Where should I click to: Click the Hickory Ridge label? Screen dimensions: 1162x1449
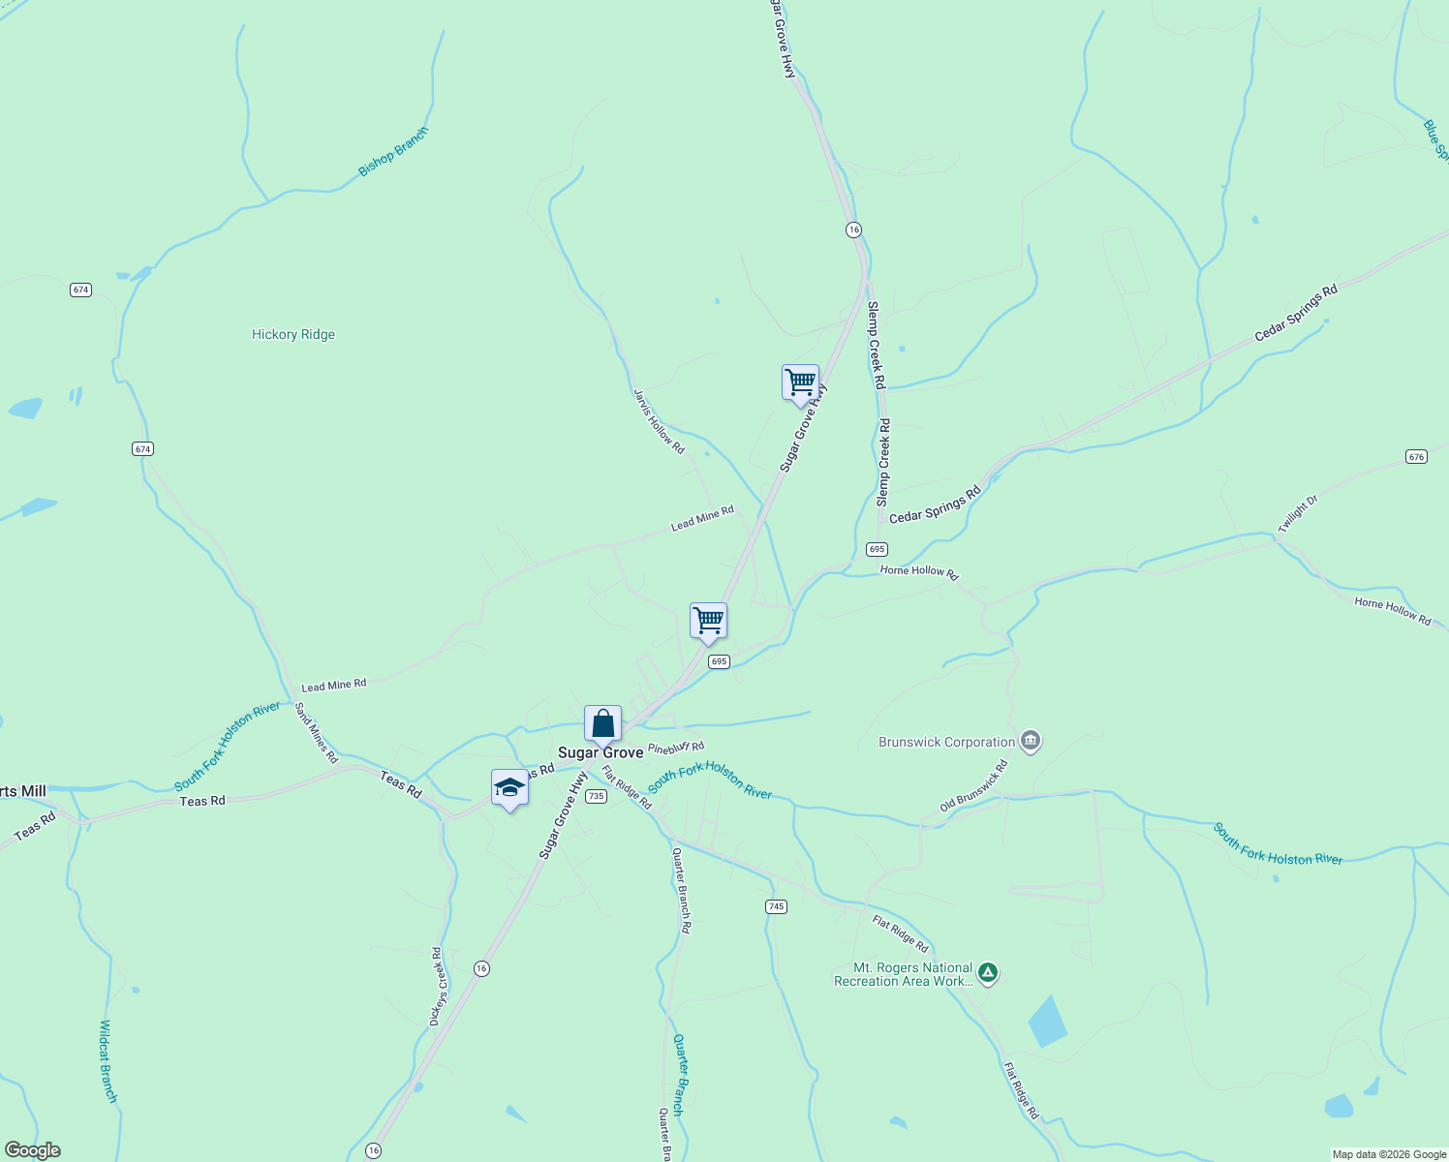(293, 335)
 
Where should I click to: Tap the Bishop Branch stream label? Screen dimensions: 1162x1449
(392, 153)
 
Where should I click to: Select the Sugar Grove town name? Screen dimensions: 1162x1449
(601, 752)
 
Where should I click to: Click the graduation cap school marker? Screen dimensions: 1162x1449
(509, 788)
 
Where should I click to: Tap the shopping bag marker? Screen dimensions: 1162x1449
(602, 723)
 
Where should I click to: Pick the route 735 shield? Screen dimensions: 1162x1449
(596, 796)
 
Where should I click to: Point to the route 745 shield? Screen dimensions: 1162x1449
(775, 906)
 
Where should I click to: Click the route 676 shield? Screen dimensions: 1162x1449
(1416, 456)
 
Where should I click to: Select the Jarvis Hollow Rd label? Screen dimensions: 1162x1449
(659, 421)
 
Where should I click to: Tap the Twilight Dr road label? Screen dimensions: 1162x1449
(1298, 514)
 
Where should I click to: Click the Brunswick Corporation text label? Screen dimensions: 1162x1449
(946, 743)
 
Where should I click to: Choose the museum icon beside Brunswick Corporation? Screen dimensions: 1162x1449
(1031, 742)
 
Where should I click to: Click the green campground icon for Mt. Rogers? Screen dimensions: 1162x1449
(987, 972)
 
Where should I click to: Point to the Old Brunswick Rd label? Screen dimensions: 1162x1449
(973, 786)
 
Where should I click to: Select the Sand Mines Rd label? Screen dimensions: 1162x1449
(316, 732)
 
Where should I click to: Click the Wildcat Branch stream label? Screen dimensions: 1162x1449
(108, 1060)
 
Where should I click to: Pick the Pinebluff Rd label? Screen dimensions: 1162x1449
(676, 748)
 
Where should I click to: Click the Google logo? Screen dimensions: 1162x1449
(33, 1150)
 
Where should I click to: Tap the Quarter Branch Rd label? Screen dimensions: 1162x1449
(682, 889)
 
